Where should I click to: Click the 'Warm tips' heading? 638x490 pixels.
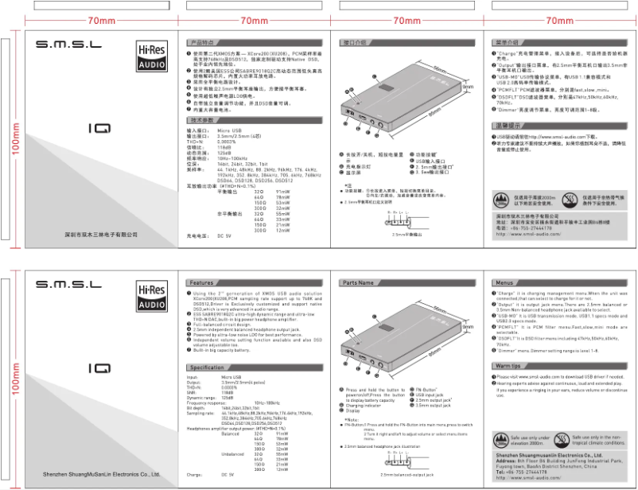click(x=508, y=365)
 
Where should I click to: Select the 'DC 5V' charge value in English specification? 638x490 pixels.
click(x=224, y=474)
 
